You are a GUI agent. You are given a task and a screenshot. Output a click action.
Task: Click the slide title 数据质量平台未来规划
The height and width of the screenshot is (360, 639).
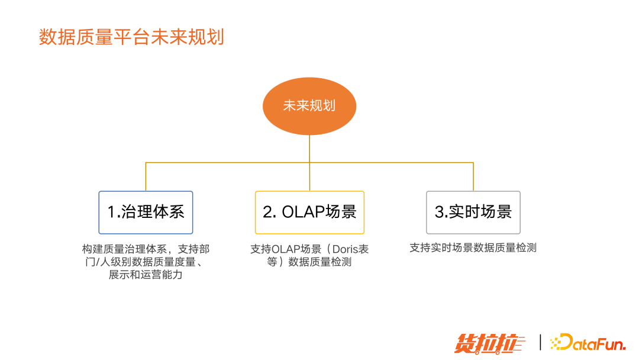(x=131, y=37)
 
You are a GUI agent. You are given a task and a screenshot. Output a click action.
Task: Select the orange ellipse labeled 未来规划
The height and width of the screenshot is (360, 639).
(x=309, y=106)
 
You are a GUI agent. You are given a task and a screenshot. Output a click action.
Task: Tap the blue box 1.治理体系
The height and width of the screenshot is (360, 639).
(x=146, y=212)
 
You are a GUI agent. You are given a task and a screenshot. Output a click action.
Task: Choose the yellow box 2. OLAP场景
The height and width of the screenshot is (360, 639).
(x=309, y=212)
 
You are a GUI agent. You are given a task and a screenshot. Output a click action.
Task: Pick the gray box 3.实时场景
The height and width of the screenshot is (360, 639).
(x=473, y=212)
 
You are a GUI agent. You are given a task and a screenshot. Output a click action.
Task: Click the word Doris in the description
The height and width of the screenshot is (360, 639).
(x=344, y=249)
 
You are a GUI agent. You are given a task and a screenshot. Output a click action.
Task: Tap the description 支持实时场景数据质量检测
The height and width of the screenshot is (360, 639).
(x=473, y=248)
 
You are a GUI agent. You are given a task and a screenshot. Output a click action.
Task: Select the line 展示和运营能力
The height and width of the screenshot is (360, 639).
(x=146, y=275)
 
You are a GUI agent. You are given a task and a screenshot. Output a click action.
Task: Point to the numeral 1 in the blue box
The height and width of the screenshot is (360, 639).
(x=111, y=212)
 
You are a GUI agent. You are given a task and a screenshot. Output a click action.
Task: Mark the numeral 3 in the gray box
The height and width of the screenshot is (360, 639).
(x=439, y=212)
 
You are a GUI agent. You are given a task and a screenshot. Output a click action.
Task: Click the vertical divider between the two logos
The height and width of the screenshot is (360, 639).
(x=540, y=342)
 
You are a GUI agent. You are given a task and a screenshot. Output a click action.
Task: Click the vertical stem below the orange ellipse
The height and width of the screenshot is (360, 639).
(x=309, y=148)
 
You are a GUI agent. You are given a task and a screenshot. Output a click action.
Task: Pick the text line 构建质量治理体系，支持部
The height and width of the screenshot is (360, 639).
(x=146, y=249)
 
